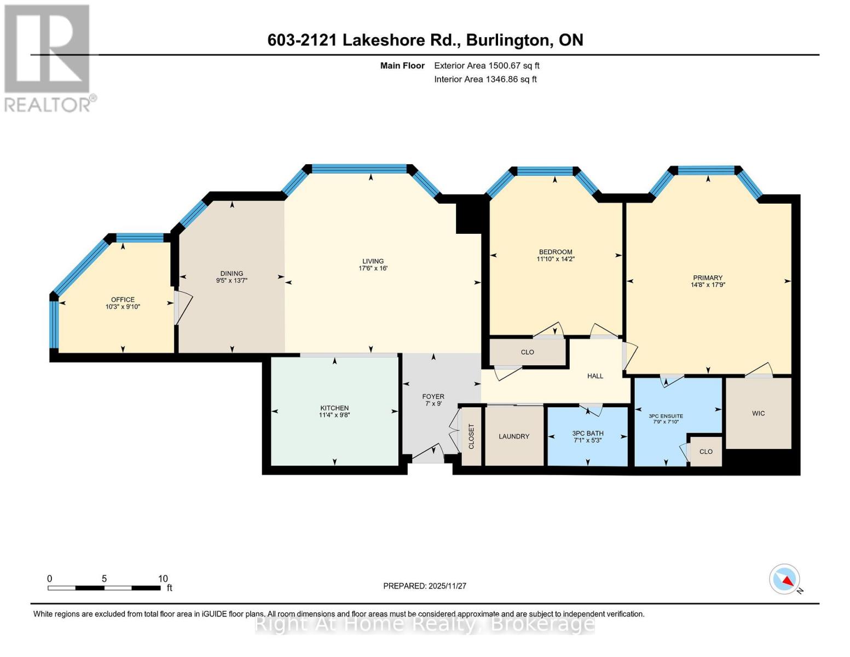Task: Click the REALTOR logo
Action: point(48,58)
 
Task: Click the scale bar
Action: point(104,588)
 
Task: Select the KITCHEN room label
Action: point(334,408)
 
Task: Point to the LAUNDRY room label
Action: point(514,436)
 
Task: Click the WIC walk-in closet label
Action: point(758,413)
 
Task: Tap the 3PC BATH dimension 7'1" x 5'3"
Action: point(587,440)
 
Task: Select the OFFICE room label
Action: point(123,299)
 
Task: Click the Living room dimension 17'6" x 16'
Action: point(373,268)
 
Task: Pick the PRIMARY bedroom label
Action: point(708,278)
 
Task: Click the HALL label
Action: point(595,376)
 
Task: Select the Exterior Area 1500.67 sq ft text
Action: point(487,66)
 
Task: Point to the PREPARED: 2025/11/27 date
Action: point(424,586)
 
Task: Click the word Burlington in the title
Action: point(507,40)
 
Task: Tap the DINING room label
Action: point(232,273)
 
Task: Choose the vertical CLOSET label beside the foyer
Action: point(471,436)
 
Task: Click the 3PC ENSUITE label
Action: point(666,416)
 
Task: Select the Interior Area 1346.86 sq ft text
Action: point(485,79)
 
